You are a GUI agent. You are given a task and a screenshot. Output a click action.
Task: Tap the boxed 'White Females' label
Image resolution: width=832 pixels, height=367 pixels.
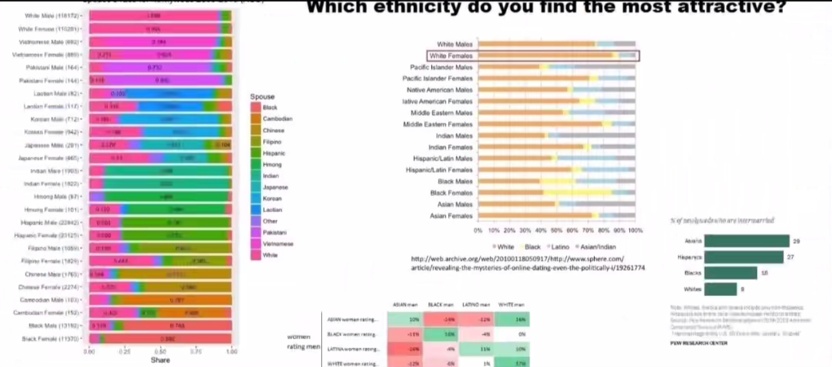coord(451,56)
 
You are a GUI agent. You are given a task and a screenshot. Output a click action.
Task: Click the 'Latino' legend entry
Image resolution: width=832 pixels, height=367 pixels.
coord(559,246)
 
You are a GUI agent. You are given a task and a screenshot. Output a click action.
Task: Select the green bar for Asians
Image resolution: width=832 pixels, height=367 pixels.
coord(746,241)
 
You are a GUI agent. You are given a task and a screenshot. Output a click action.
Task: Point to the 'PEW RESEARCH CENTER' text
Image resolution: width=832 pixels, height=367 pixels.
coord(699,343)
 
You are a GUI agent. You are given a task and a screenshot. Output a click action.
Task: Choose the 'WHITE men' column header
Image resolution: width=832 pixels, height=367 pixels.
coord(511,304)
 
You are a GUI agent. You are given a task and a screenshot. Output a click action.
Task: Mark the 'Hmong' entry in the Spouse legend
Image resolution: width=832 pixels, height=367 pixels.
coord(272,164)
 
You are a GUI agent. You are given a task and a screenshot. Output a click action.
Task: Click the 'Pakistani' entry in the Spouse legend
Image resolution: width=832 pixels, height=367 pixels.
coord(274,232)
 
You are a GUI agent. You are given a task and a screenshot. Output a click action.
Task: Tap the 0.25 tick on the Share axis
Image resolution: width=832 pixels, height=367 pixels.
coord(125,352)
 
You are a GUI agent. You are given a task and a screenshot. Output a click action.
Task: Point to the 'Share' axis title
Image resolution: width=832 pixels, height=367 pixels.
coord(160,360)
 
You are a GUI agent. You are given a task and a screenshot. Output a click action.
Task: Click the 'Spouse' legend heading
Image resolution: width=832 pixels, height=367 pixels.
coord(262,97)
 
